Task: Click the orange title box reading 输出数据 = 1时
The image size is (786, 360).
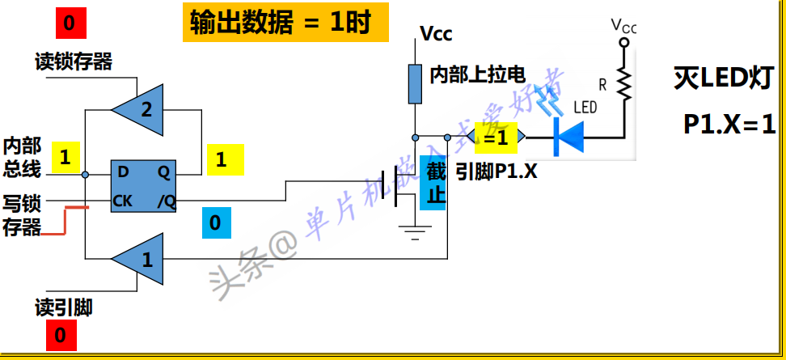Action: coord(280,23)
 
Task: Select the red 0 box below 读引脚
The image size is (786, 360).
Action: coord(61,334)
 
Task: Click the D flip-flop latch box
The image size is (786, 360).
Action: coord(144,186)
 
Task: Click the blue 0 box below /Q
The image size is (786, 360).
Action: coord(215,222)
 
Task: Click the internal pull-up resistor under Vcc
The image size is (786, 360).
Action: coord(414,83)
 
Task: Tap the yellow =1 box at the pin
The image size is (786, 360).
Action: coord(495,138)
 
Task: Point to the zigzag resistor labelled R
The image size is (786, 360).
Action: coord(623,82)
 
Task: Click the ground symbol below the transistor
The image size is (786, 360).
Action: coord(414,233)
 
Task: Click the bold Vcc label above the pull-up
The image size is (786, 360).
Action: coord(436,34)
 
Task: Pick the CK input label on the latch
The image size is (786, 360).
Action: coord(123,201)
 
